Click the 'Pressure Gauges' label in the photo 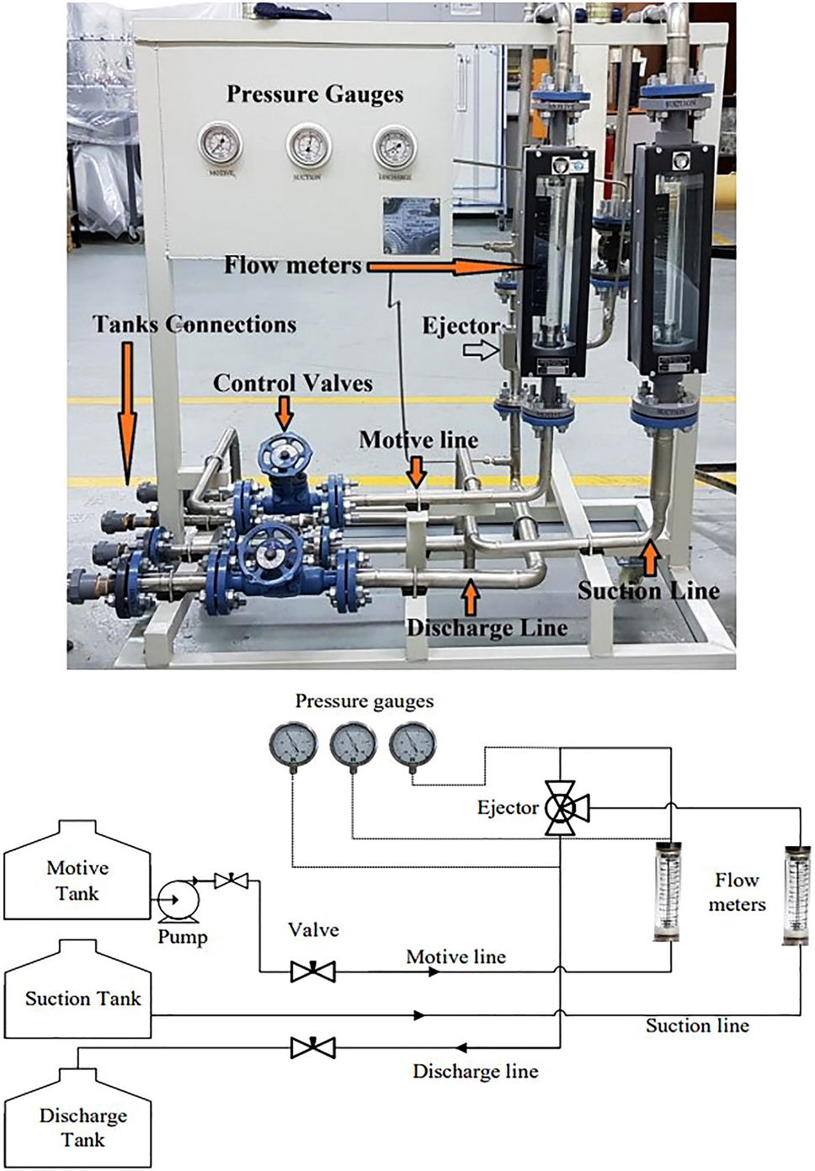point(315,94)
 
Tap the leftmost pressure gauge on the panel point(221,144)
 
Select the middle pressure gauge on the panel point(307,146)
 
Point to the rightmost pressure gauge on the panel point(395,146)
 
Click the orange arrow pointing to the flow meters point(437,267)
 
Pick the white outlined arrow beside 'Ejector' point(481,350)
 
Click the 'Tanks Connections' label point(194,325)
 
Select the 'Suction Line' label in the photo point(648,591)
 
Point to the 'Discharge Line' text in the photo point(487,628)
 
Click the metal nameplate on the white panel point(411,225)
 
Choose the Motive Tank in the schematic point(77,876)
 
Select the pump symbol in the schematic point(178,902)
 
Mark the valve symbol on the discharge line point(312,1048)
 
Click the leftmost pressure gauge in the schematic point(293,745)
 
